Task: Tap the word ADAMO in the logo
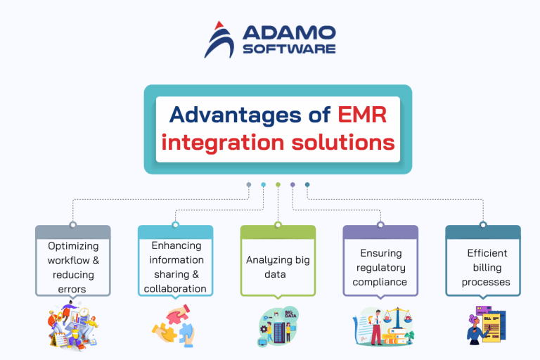point(289,33)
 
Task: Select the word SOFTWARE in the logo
point(289,49)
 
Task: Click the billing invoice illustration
point(482,326)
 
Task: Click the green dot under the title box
point(278,185)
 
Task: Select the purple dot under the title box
point(292,185)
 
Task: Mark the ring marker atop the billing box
point(483,225)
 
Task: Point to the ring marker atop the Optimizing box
point(73,225)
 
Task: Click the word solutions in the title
point(337,143)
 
